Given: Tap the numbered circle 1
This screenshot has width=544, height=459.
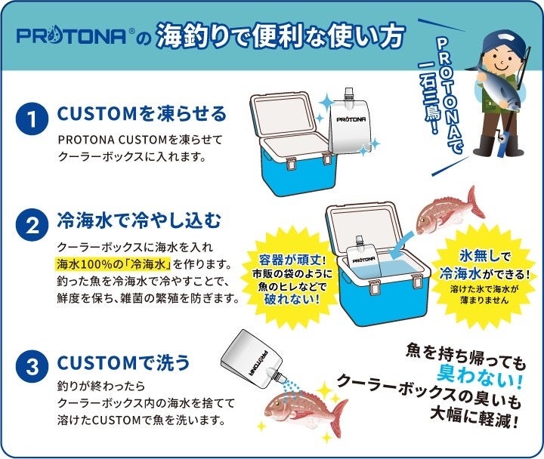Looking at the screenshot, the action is (32, 119).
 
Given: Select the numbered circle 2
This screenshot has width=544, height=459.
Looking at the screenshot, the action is (32, 225).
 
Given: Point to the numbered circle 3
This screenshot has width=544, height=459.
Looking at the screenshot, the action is (32, 366).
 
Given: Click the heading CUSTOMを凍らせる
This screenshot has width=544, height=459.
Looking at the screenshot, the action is (141, 113).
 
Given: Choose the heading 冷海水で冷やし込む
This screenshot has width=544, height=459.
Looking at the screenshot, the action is (139, 220).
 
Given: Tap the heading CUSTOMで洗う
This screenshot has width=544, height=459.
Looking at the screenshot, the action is (123, 362).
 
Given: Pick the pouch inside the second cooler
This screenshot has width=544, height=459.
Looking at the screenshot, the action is (363, 256).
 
